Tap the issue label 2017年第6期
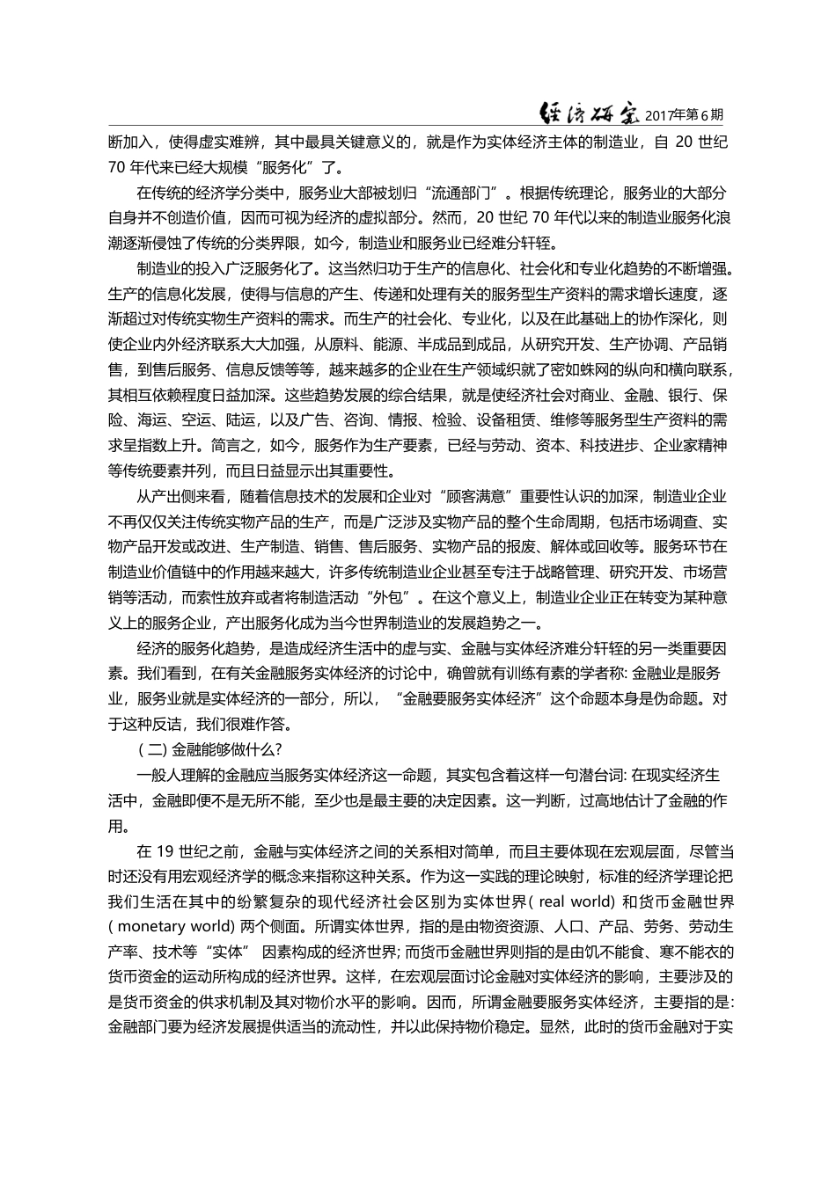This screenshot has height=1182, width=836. (685, 115)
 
